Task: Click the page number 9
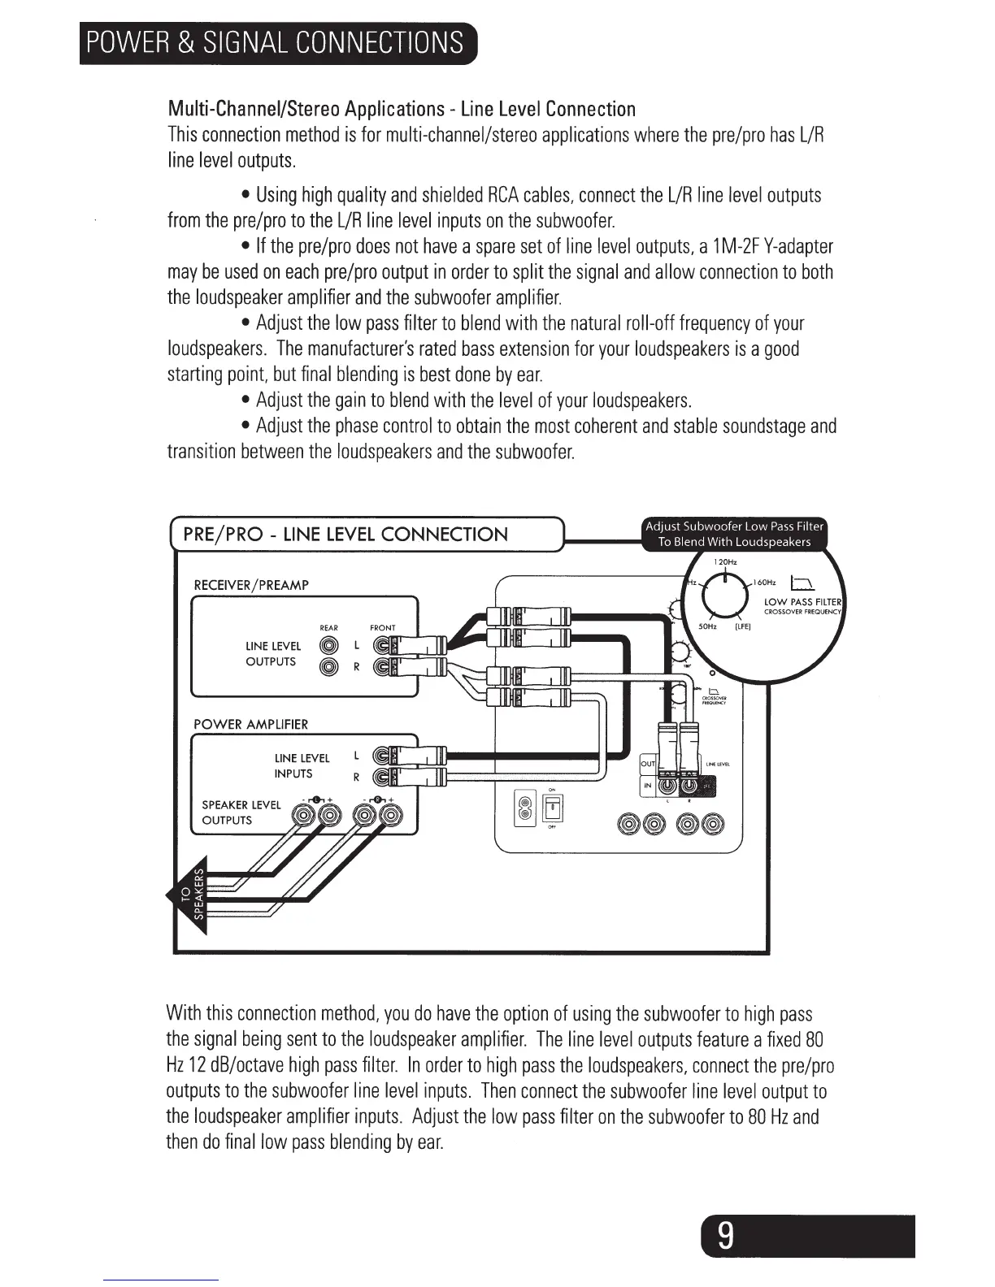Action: tap(726, 1237)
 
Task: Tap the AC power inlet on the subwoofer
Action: tap(525, 809)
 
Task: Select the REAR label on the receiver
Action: tap(328, 628)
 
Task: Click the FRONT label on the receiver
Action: tap(382, 628)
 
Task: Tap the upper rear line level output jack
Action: tap(328, 646)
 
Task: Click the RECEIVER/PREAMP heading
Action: tap(251, 585)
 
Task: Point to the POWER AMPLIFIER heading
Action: tap(250, 724)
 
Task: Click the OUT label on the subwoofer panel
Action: tap(648, 765)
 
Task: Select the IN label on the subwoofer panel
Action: tap(648, 786)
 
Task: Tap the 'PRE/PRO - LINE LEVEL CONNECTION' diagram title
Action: tap(345, 535)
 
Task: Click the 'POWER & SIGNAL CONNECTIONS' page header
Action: tap(276, 42)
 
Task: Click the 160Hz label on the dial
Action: tap(765, 583)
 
